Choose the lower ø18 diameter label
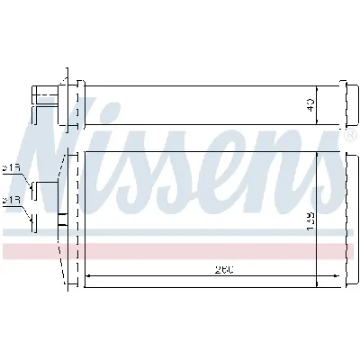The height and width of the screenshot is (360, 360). click(x=13, y=202)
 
